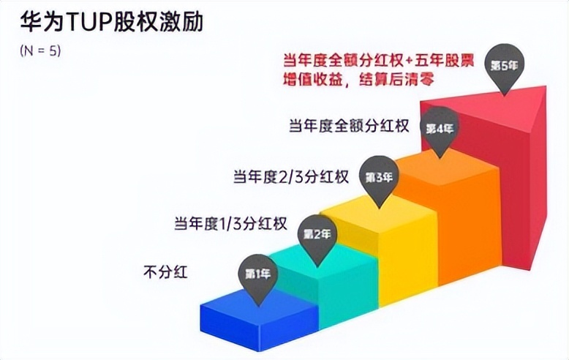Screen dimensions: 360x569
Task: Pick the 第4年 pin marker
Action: point(440,129)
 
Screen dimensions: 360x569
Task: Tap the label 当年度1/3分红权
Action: point(230,222)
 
